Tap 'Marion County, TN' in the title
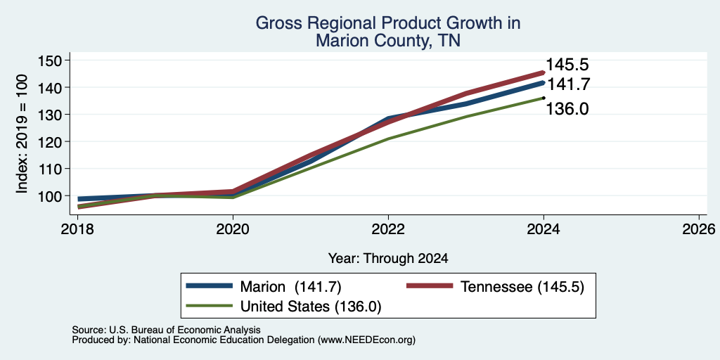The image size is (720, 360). [x=388, y=41]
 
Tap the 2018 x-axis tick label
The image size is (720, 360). [x=77, y=229]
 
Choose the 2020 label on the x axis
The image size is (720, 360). [x=233, y=229]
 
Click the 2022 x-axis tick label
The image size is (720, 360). [x=388, y=229]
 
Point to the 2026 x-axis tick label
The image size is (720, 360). [x=699, y=229]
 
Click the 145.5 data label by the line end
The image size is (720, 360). [x=567, y=65]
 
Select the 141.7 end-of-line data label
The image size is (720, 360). [x=567, y=84]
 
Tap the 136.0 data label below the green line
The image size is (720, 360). [x=567, y=109]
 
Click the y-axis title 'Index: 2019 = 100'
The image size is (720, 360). [x=22, y=134]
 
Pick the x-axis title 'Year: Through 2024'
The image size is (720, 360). [x=388, y=259]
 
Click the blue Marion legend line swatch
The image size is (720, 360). [x=210, y=285]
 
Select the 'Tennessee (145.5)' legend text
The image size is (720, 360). [x=522, y=287]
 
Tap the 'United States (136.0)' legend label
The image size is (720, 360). [x=311, y=306]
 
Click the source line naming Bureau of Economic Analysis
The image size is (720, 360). [x=166, y=330]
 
